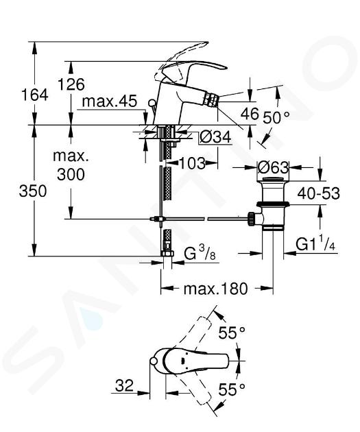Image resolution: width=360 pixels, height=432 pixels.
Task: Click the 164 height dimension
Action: point(35,95)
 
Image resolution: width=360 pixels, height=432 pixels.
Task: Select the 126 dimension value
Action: point(71,84)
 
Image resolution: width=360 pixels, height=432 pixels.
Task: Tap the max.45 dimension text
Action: point(109,101)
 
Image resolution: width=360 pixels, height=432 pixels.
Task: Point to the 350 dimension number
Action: point(33,191)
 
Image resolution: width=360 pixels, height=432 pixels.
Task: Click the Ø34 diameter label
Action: point(215,137)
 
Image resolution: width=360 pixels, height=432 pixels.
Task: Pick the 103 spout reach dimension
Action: point(193,163)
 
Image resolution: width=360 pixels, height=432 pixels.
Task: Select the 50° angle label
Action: point(276,118)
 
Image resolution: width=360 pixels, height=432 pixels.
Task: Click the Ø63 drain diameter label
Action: point(273,167)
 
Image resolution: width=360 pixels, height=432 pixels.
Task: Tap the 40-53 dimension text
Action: point(318,193)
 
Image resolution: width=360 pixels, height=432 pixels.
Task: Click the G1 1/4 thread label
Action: point(315,243)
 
